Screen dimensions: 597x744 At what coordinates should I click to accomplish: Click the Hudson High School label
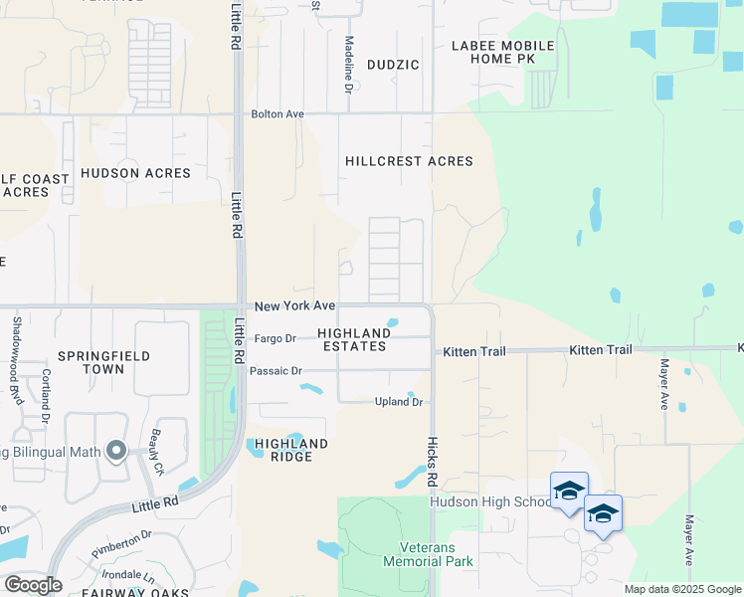click(x=489, y=501)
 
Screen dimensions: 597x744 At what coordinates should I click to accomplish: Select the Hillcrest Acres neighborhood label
click(x=409, y=161)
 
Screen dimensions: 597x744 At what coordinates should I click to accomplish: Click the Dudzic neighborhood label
click(x=393, y=65)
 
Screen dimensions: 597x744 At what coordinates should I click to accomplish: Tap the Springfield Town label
click(x=104, y=362)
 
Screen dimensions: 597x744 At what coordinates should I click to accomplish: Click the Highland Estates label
click(x=353, y=339)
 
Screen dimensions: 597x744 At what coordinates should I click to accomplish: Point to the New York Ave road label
click(x=294, y=306)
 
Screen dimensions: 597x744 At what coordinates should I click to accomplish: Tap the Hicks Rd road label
click(x=433, y=461)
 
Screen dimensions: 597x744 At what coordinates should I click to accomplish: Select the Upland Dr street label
click(x=399, y=402)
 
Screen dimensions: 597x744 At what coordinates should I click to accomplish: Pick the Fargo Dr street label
click(x=276, y=338)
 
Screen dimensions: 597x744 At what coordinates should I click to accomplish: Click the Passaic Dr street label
click(x=276, y=371)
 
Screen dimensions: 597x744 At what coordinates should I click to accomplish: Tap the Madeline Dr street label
click(x=349, y=65)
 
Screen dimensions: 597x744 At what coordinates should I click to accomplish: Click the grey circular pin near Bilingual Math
click(x=116, y=452)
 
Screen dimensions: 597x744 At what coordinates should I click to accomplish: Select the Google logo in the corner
click(x=33, y=584)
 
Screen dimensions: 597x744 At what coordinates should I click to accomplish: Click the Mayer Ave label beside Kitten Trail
click(x=663, y=384)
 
